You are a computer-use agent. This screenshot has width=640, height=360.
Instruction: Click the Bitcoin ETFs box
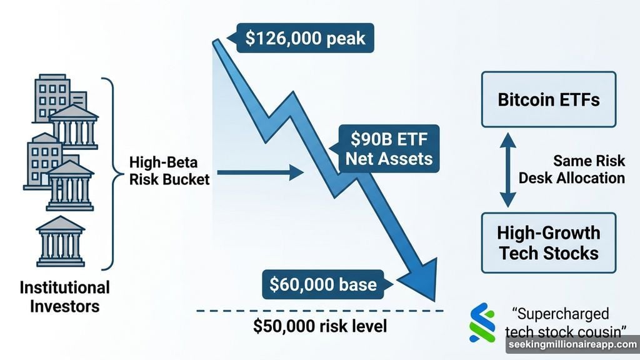[x=548, y=99]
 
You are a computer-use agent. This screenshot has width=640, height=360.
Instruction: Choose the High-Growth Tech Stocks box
[x=548, y=242]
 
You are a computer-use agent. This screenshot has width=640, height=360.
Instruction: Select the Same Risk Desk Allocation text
[x=571, y=169]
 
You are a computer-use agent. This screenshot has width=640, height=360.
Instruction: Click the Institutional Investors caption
[x=64, y=297]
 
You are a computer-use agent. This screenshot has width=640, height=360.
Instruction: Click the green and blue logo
[x=482, y=322]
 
